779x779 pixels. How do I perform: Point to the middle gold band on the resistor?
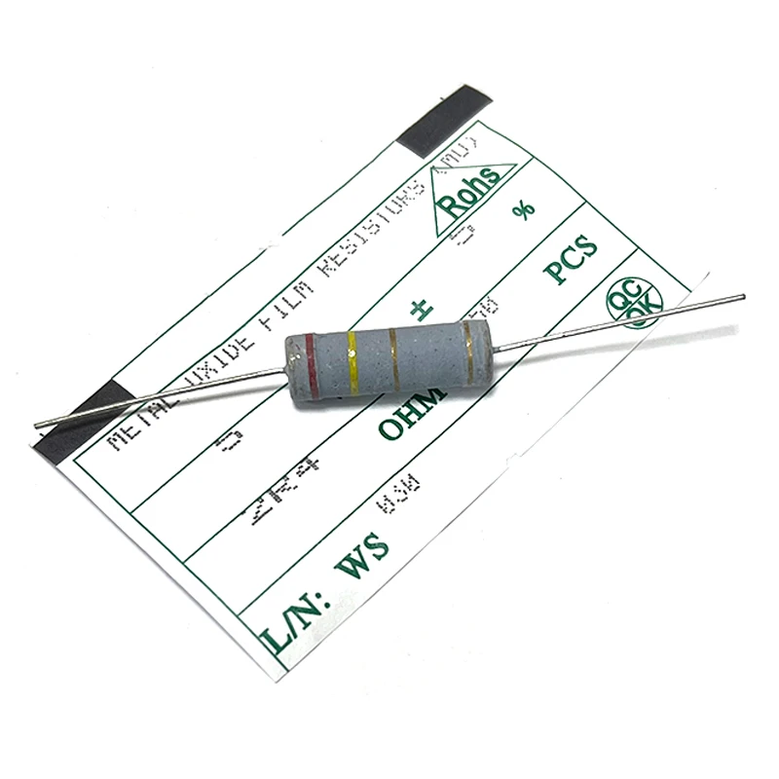click(x=393, y=349)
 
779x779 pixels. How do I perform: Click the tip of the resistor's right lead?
click(x=742, y=296)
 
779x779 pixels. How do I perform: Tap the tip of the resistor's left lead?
click(x=37, y=425)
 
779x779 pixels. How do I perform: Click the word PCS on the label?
click(x=571, y=261)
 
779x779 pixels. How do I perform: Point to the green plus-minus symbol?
click(x=422, y=310)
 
